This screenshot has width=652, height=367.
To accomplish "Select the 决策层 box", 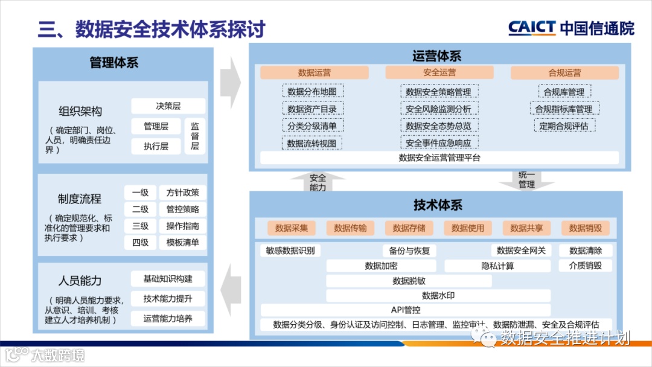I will (x=168, y=106).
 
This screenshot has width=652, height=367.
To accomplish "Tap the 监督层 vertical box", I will (x=195, y=136).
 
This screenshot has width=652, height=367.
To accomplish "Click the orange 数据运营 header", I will (x=315, y=72).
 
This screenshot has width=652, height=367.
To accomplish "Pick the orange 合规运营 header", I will (x=564, y=72).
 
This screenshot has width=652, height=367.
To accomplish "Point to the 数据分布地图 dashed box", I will (x=312, y=92).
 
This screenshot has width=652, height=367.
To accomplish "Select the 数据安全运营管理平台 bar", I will (x=439, y=158).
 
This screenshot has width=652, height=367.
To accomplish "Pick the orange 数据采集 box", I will (x=292, y=228).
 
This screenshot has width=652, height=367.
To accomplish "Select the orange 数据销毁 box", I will (x=585, y=228).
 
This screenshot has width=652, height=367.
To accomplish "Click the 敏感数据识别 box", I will (x=290, y=251).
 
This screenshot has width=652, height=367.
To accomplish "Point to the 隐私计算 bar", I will (x=497, y=266).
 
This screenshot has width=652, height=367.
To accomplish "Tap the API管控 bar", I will (x=406, y=310).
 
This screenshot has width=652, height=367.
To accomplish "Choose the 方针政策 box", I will (x=182, y=193).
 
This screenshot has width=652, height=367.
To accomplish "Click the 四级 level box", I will (x=140, y=243).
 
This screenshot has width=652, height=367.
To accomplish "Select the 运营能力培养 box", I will (x=168, y=319).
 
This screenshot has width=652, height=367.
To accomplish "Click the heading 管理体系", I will (x=113, y=62).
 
